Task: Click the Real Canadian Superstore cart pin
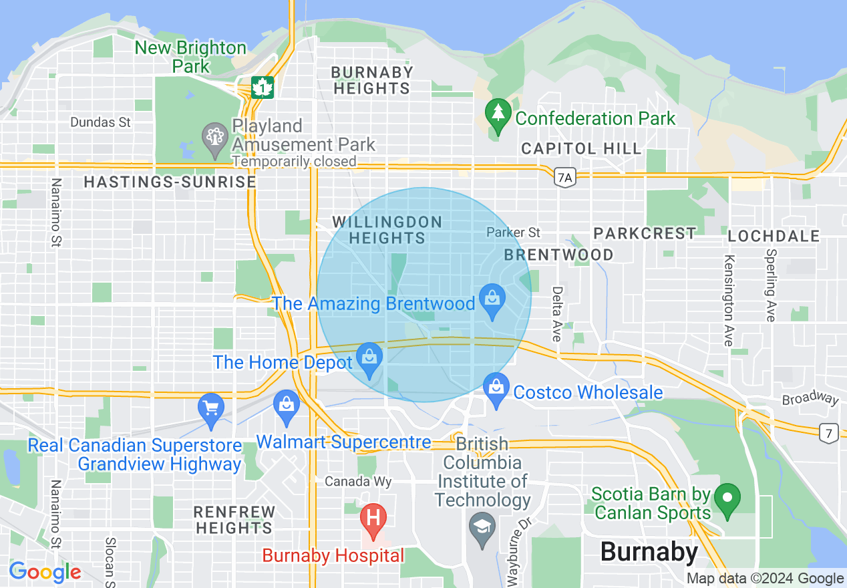click(x=211, y=410)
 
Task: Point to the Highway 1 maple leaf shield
click(x=263, y=87)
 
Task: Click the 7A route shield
click(x=564, y=177)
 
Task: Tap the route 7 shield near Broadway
click(x=829, y=433)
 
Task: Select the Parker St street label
click(x=513, y=233)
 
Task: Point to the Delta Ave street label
click(x=556, y=314)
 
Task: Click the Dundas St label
click(x=101, y=122)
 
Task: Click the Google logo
click(x=45, y=572)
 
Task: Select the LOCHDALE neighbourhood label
click(x=774, y=236)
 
